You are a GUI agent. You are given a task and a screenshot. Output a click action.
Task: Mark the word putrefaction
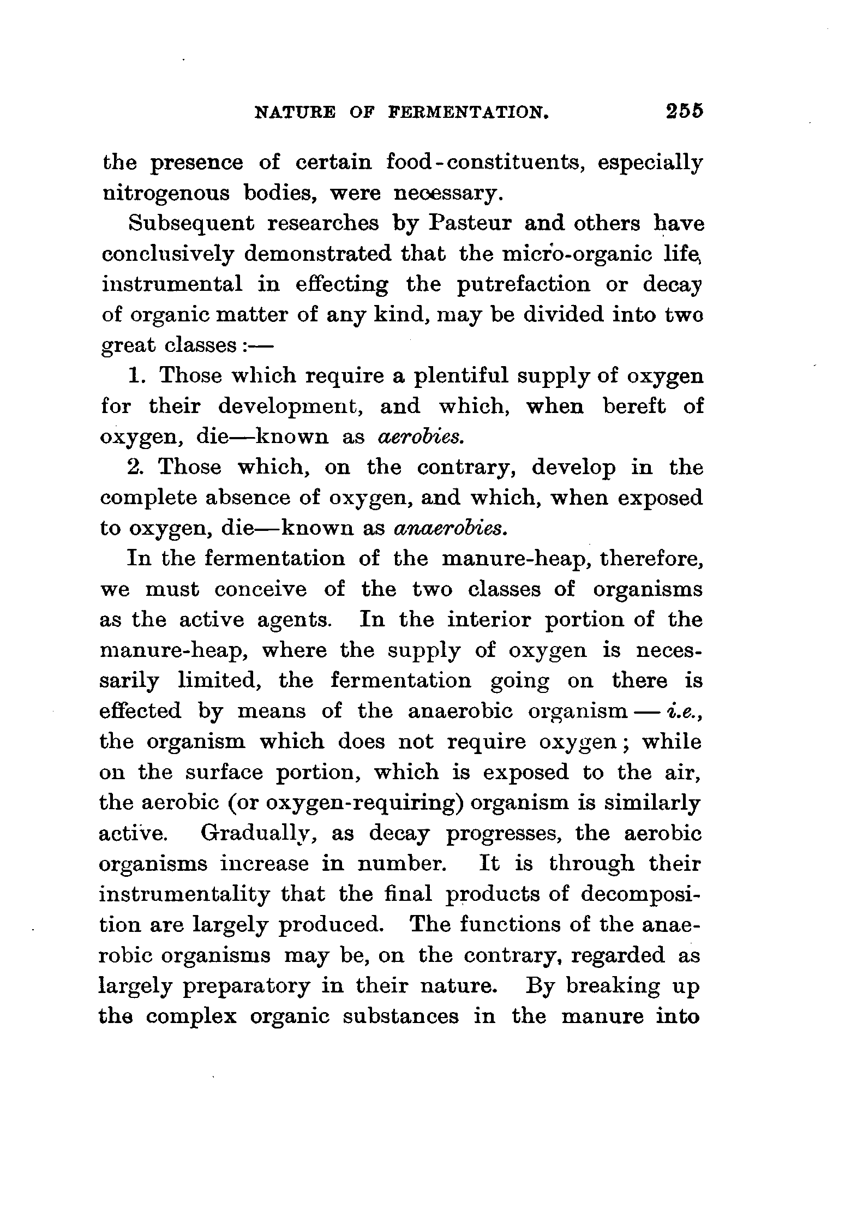(523, 285)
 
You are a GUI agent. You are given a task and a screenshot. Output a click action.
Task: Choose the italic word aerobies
(421, 437)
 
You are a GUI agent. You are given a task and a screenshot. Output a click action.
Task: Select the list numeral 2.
(135, 468)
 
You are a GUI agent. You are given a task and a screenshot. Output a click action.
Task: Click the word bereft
(634, 406)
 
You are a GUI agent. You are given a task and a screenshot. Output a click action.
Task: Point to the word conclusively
(168, 255)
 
